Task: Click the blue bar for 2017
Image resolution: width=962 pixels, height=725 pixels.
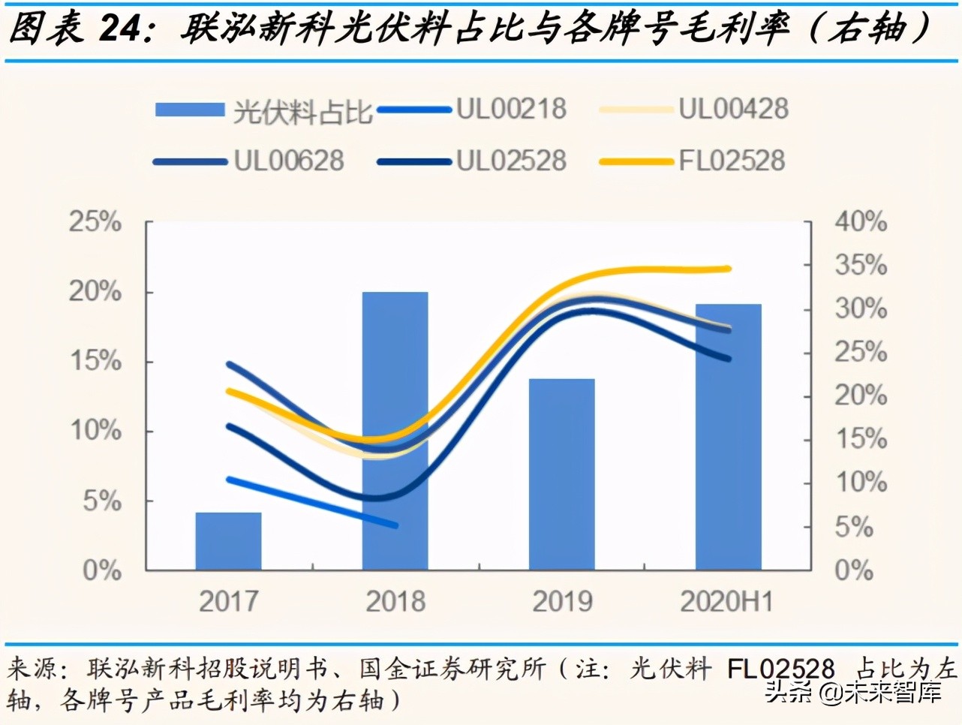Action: [x=228, y=541]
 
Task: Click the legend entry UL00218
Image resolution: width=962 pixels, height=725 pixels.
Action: [x=511, y=110]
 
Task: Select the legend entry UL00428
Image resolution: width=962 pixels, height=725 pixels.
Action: [x=733, y=110]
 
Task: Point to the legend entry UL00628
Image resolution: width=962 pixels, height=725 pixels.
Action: [x=289, y=161]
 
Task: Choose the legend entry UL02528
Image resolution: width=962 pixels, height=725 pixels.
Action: [x=511, y=161]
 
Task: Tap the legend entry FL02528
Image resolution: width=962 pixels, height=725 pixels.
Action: [x=732, y=161]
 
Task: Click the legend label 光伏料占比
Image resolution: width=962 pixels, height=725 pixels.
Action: [x=302, y=111]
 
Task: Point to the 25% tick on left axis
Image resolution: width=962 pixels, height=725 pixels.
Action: [x=95, y=222]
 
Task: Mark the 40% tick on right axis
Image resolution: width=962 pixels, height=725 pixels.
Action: [x=861, y=222]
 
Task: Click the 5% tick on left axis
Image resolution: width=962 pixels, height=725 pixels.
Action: [x=102, y=501]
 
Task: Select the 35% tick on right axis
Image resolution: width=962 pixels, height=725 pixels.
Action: [x=861, y=266]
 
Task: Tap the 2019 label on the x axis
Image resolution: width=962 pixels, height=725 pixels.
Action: [x=562, y=601]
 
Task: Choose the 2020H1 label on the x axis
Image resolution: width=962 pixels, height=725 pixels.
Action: [x=726, y=601]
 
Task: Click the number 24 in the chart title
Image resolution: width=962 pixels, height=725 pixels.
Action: [x=120, y=29]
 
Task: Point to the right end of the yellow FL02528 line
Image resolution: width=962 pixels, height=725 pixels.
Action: [x=728, y=269]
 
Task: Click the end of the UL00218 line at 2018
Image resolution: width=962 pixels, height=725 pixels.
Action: [x=395, y=525]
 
